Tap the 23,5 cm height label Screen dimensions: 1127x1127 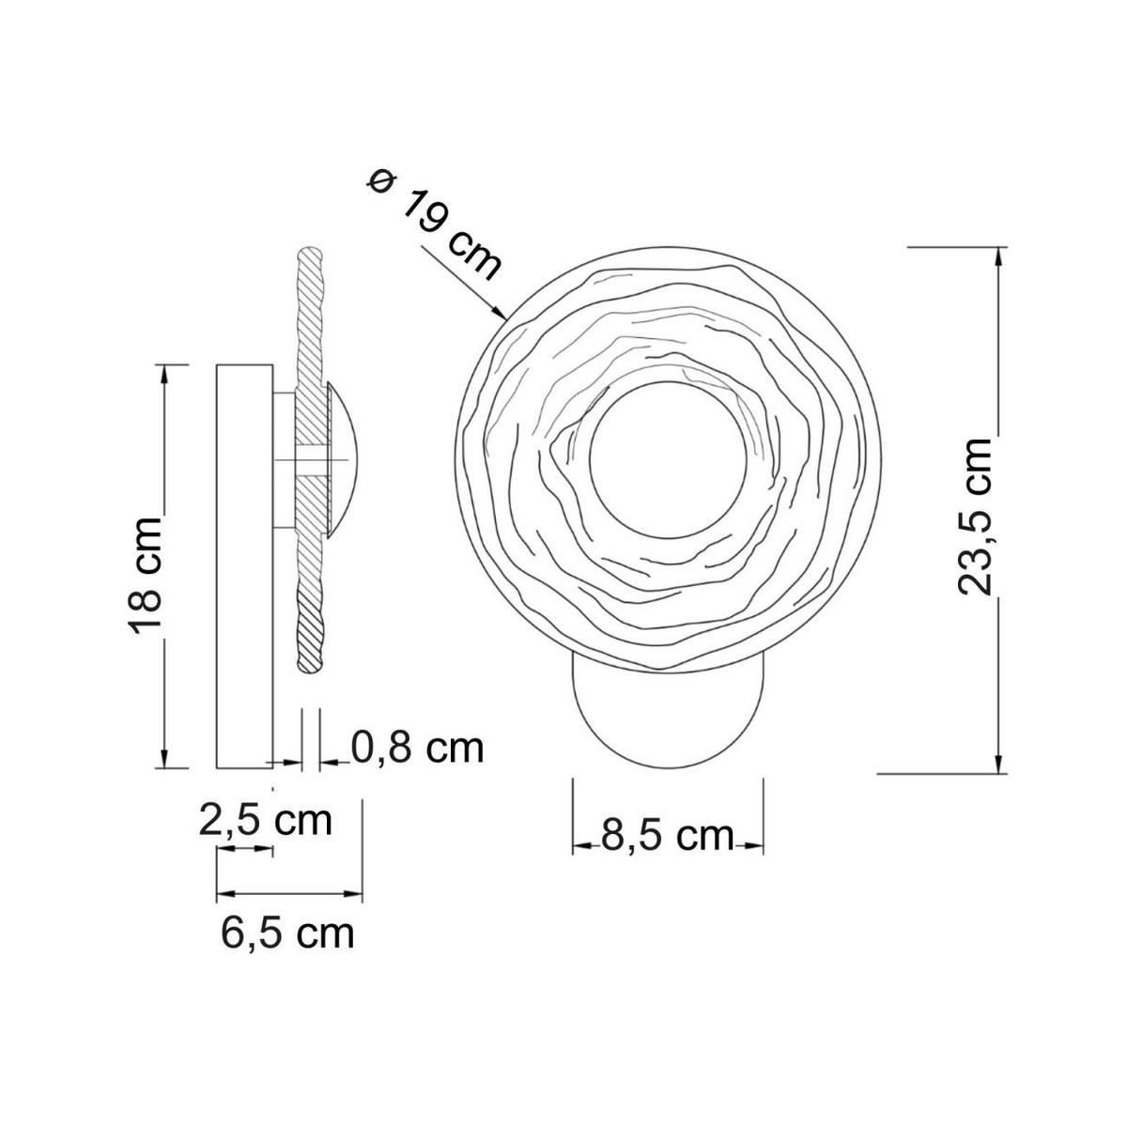click(975, 516)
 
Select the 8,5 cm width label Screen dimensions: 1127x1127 click(668, 837)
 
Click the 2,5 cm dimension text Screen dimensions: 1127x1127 click(266, 821)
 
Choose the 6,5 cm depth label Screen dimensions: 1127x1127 click(287, 933)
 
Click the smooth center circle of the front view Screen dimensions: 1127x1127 click(668, 460)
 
